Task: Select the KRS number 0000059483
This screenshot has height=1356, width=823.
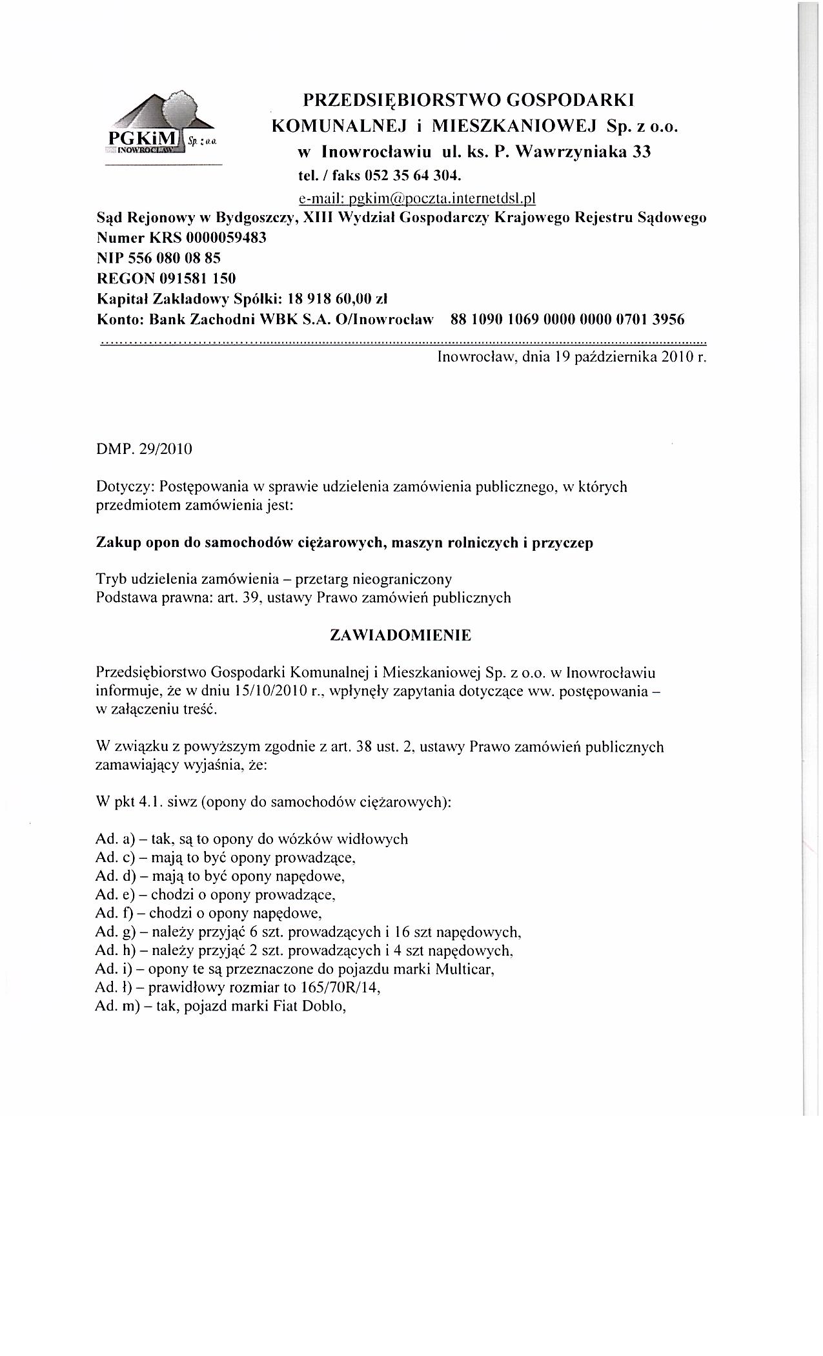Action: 226,238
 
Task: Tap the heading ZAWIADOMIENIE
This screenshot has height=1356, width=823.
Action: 400,635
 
